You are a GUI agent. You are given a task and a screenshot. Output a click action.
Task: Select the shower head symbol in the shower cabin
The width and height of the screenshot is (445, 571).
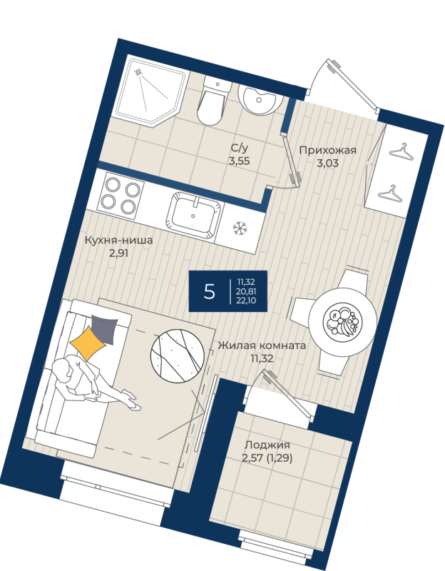point(138,72)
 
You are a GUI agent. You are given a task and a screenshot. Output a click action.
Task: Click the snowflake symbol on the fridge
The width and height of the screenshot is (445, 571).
point(240,228)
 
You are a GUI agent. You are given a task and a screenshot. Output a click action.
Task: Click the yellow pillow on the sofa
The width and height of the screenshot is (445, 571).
point(88,343)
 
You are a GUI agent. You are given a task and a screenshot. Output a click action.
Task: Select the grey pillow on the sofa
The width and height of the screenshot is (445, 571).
point(105,329)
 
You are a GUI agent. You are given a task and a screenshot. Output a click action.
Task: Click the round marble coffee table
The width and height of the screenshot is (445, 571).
point(177,355)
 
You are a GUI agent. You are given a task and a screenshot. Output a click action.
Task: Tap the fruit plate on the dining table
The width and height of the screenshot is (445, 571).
point(343,320)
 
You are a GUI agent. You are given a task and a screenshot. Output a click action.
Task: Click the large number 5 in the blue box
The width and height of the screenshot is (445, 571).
point(210,291)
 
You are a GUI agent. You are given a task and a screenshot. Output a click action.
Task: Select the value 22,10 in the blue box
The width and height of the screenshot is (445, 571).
point(247,300)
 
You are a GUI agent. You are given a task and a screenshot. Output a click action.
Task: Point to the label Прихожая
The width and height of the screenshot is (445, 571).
point(327,150)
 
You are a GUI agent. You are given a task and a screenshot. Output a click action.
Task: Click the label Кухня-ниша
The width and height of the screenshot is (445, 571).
point(118,241)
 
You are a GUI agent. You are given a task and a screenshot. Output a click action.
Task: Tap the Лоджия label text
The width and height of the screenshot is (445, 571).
point(267,445)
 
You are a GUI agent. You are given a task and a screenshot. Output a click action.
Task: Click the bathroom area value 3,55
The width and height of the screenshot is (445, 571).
point(239,161)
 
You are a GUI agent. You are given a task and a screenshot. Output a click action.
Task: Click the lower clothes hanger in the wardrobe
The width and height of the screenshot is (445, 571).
point(390,193)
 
